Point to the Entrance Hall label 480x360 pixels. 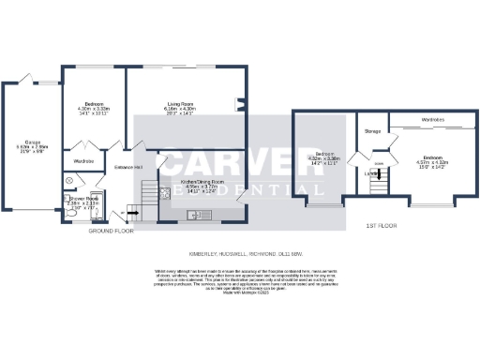point(127,167)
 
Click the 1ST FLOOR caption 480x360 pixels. point(381,227)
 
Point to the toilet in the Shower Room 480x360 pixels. point(69,212)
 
